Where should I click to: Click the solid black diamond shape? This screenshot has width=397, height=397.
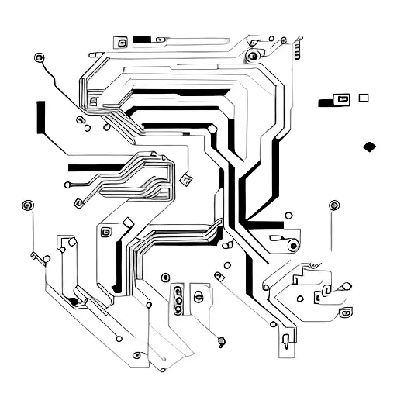pyautogui.click(x=370, y=146)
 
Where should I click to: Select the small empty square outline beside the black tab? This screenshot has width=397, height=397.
pyautogui.click(x=363, y=98)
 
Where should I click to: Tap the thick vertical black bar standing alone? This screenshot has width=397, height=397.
pyautogui.click(x=39, y=117)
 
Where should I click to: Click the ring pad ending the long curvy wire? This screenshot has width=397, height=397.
pyautogui.click(x=40, y=57)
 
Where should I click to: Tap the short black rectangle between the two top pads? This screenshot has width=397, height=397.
pyautogui.click(x=141, y=39)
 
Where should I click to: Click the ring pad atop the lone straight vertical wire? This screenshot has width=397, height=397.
pyautogui.click(x=334, y=205)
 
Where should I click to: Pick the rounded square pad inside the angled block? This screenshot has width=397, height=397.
pyautogui.click(x=106, y=230)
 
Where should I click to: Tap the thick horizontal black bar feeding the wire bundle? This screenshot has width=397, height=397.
pyautogui.click(x=93, y=167)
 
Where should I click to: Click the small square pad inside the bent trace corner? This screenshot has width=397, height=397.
pyautogui.click(x=93, y=101)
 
